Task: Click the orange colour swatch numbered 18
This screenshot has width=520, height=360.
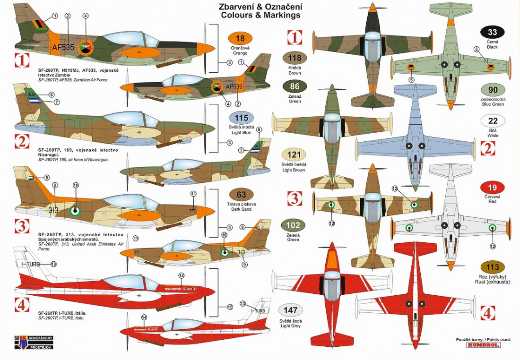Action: (x=240, y=39)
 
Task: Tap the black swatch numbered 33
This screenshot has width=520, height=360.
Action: (x=493, y=33)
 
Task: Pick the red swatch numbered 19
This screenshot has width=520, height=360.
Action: (x=493, y=187)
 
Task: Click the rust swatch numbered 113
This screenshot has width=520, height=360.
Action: (x=493, y=267)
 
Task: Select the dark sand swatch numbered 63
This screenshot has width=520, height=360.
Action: (x=241, y=194)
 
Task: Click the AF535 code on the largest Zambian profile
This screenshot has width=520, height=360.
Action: (x=63, y=47)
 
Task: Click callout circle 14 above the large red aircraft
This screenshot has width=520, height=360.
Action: (x=181, y=275)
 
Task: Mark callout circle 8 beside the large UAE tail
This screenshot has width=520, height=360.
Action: (x=47, y=178)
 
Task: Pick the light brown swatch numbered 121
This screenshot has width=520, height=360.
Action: (x=294, y=154)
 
